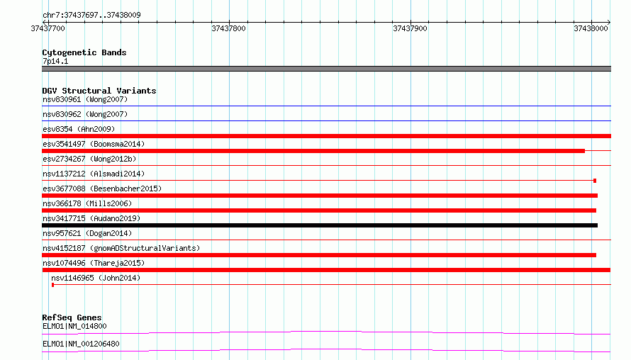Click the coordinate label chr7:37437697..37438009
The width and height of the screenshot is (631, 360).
(x=91, y=15)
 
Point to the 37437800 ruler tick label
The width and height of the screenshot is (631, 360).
(x=228, y=28)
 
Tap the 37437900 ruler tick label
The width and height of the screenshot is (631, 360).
(x=410, y=28)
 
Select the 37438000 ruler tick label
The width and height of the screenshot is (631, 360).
(x=591, y=28)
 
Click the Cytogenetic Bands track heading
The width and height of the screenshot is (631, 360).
(x=84, y=52)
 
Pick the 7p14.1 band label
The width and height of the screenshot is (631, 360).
(x=55, y=61)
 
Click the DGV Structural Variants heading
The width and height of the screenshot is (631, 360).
(x=99, y=91)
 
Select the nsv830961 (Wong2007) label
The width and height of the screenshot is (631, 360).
(x=85, y=99)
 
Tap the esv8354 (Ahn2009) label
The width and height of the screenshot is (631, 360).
(x=79, y=129)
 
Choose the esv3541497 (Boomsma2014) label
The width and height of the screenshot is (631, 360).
(x=94, y=144)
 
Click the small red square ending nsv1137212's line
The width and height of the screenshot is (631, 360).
(x=595, y=181)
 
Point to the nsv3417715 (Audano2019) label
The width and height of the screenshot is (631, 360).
(x=91, y=218)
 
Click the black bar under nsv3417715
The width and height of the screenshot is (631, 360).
(x=320, y=225)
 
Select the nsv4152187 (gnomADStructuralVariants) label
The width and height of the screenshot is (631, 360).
(x=121, y=248)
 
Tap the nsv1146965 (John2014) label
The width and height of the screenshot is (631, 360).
(x=96, y=278)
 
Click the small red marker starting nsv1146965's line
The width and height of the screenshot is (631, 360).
(x=52, y=285)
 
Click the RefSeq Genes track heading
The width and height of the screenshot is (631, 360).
(x=72, y=317)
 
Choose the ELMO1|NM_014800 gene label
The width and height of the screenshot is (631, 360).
(x=74, y=326)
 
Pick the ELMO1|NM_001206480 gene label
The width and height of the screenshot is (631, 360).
(x=81, y=344)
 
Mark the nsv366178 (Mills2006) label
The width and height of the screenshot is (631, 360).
(x=87, y=203)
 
